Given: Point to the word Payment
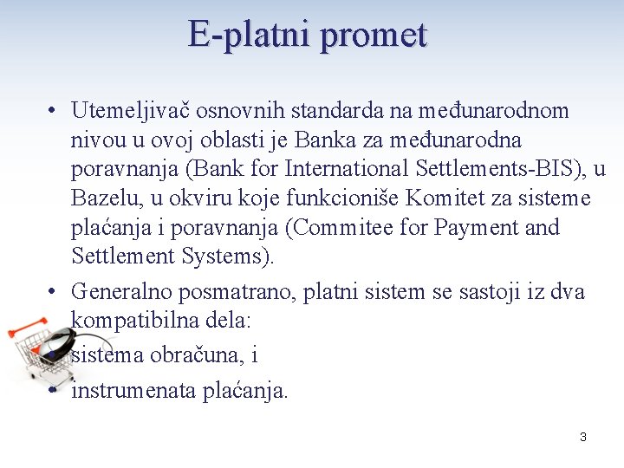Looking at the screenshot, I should coord(478,228).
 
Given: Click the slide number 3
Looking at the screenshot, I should coord(582,437).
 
